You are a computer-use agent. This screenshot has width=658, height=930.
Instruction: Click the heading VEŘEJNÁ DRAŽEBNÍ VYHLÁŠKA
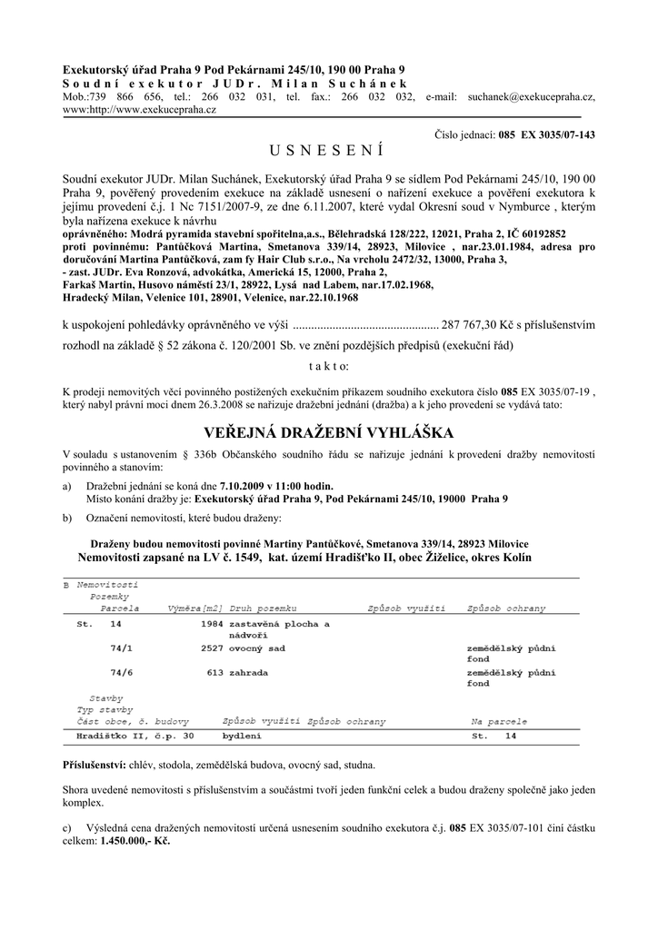click(x=328, y=431)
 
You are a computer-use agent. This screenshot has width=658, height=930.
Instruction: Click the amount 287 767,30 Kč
click(x=478, y=322)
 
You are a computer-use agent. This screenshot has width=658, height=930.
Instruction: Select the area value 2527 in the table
click(x=212, y=648)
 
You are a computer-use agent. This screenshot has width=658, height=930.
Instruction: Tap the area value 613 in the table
click(x=215, y=672)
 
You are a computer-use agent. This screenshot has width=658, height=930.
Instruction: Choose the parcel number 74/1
click(x=120, y=648)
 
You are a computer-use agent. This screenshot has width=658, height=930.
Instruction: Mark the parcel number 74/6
click(x=120, y=672)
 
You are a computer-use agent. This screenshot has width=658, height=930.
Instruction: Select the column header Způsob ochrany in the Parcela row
click(x=506, y=607)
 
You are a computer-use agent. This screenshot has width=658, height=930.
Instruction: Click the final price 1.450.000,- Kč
click(x=135, y=842)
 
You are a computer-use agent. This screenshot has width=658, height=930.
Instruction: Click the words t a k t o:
click(x=328, y=366)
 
